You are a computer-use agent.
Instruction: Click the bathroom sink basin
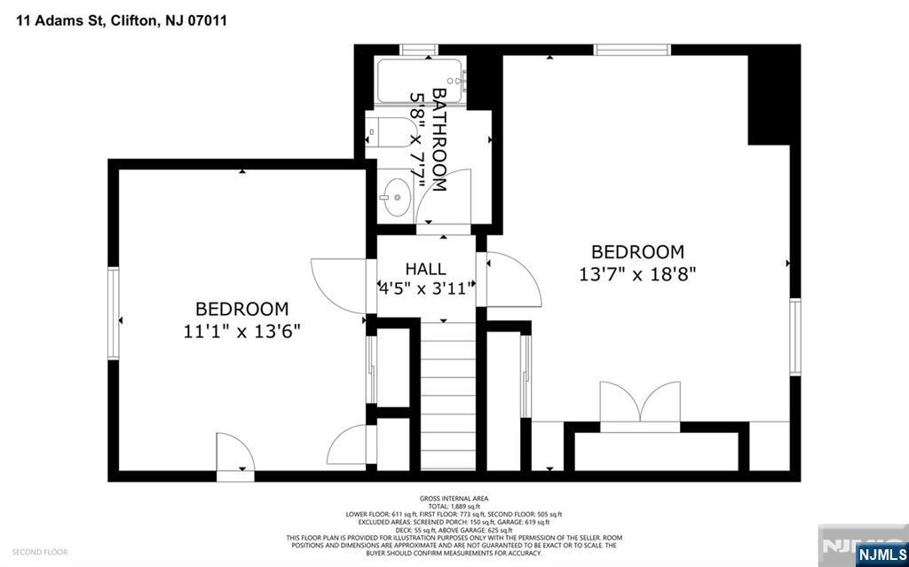click(399, 193)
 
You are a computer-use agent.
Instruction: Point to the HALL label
click(425, 269)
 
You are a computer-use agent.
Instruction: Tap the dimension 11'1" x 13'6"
click(241, 331)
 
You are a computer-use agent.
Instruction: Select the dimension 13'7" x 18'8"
click(637, 274)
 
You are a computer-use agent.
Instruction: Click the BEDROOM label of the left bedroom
click(241, 309)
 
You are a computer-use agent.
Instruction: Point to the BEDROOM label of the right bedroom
click(637, 252)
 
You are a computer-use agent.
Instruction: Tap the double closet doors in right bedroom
click(641, 404)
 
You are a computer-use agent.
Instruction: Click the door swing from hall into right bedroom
click(511, 279)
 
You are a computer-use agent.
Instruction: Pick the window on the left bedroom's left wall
click(114, 314)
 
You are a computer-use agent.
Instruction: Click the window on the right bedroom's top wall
click(632, 50)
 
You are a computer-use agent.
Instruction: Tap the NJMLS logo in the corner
click(880, 555)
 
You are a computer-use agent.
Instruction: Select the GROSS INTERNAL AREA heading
click(454, 499)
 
